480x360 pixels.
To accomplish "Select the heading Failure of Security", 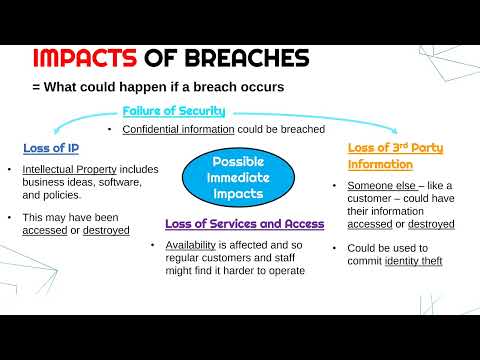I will coord(173,111).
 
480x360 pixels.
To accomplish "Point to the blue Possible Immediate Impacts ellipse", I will coord(239,175).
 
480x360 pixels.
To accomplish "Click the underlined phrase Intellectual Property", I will coord(67,170).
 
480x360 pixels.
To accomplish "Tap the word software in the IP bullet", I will coord(116,183).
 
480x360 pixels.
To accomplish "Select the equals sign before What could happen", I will coord(36,87).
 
